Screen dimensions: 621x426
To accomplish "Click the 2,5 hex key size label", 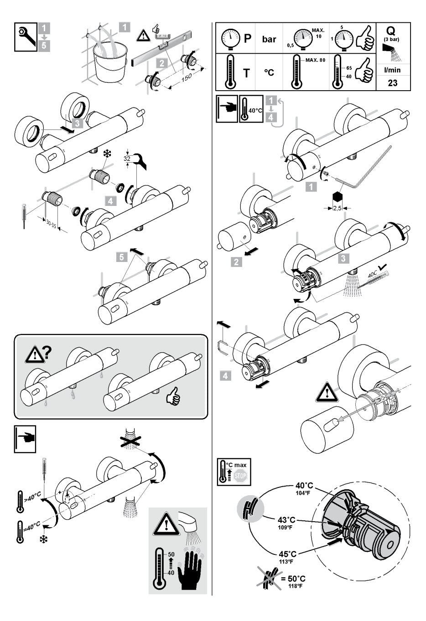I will pos(338,208).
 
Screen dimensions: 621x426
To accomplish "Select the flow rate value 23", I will pos(392,83).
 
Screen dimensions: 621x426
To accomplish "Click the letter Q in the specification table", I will pos(391,31).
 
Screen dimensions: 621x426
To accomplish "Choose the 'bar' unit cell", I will pos(269,39).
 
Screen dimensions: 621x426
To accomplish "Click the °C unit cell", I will pos(269,72).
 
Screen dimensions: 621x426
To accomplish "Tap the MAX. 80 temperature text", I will pos(316,60).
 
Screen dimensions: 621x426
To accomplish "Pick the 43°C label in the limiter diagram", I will pos(286,520).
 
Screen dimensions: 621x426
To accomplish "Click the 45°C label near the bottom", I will pos(287,554).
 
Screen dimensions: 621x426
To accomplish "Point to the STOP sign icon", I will pos(239,477).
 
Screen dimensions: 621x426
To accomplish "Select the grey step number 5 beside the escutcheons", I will pos(121,257).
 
